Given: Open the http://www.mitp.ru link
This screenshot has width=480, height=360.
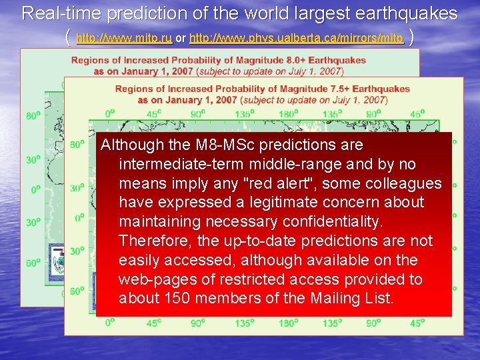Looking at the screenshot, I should click(125, 39).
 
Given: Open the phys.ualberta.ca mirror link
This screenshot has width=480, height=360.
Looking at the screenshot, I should click(297, 39).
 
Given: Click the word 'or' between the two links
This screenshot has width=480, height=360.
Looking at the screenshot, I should click(181, 39).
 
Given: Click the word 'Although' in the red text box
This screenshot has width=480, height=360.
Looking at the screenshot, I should click(131, 145).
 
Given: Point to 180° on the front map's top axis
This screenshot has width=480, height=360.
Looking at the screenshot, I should click(287, 114).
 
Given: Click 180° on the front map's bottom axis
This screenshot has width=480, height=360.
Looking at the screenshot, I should click(287, 323).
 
